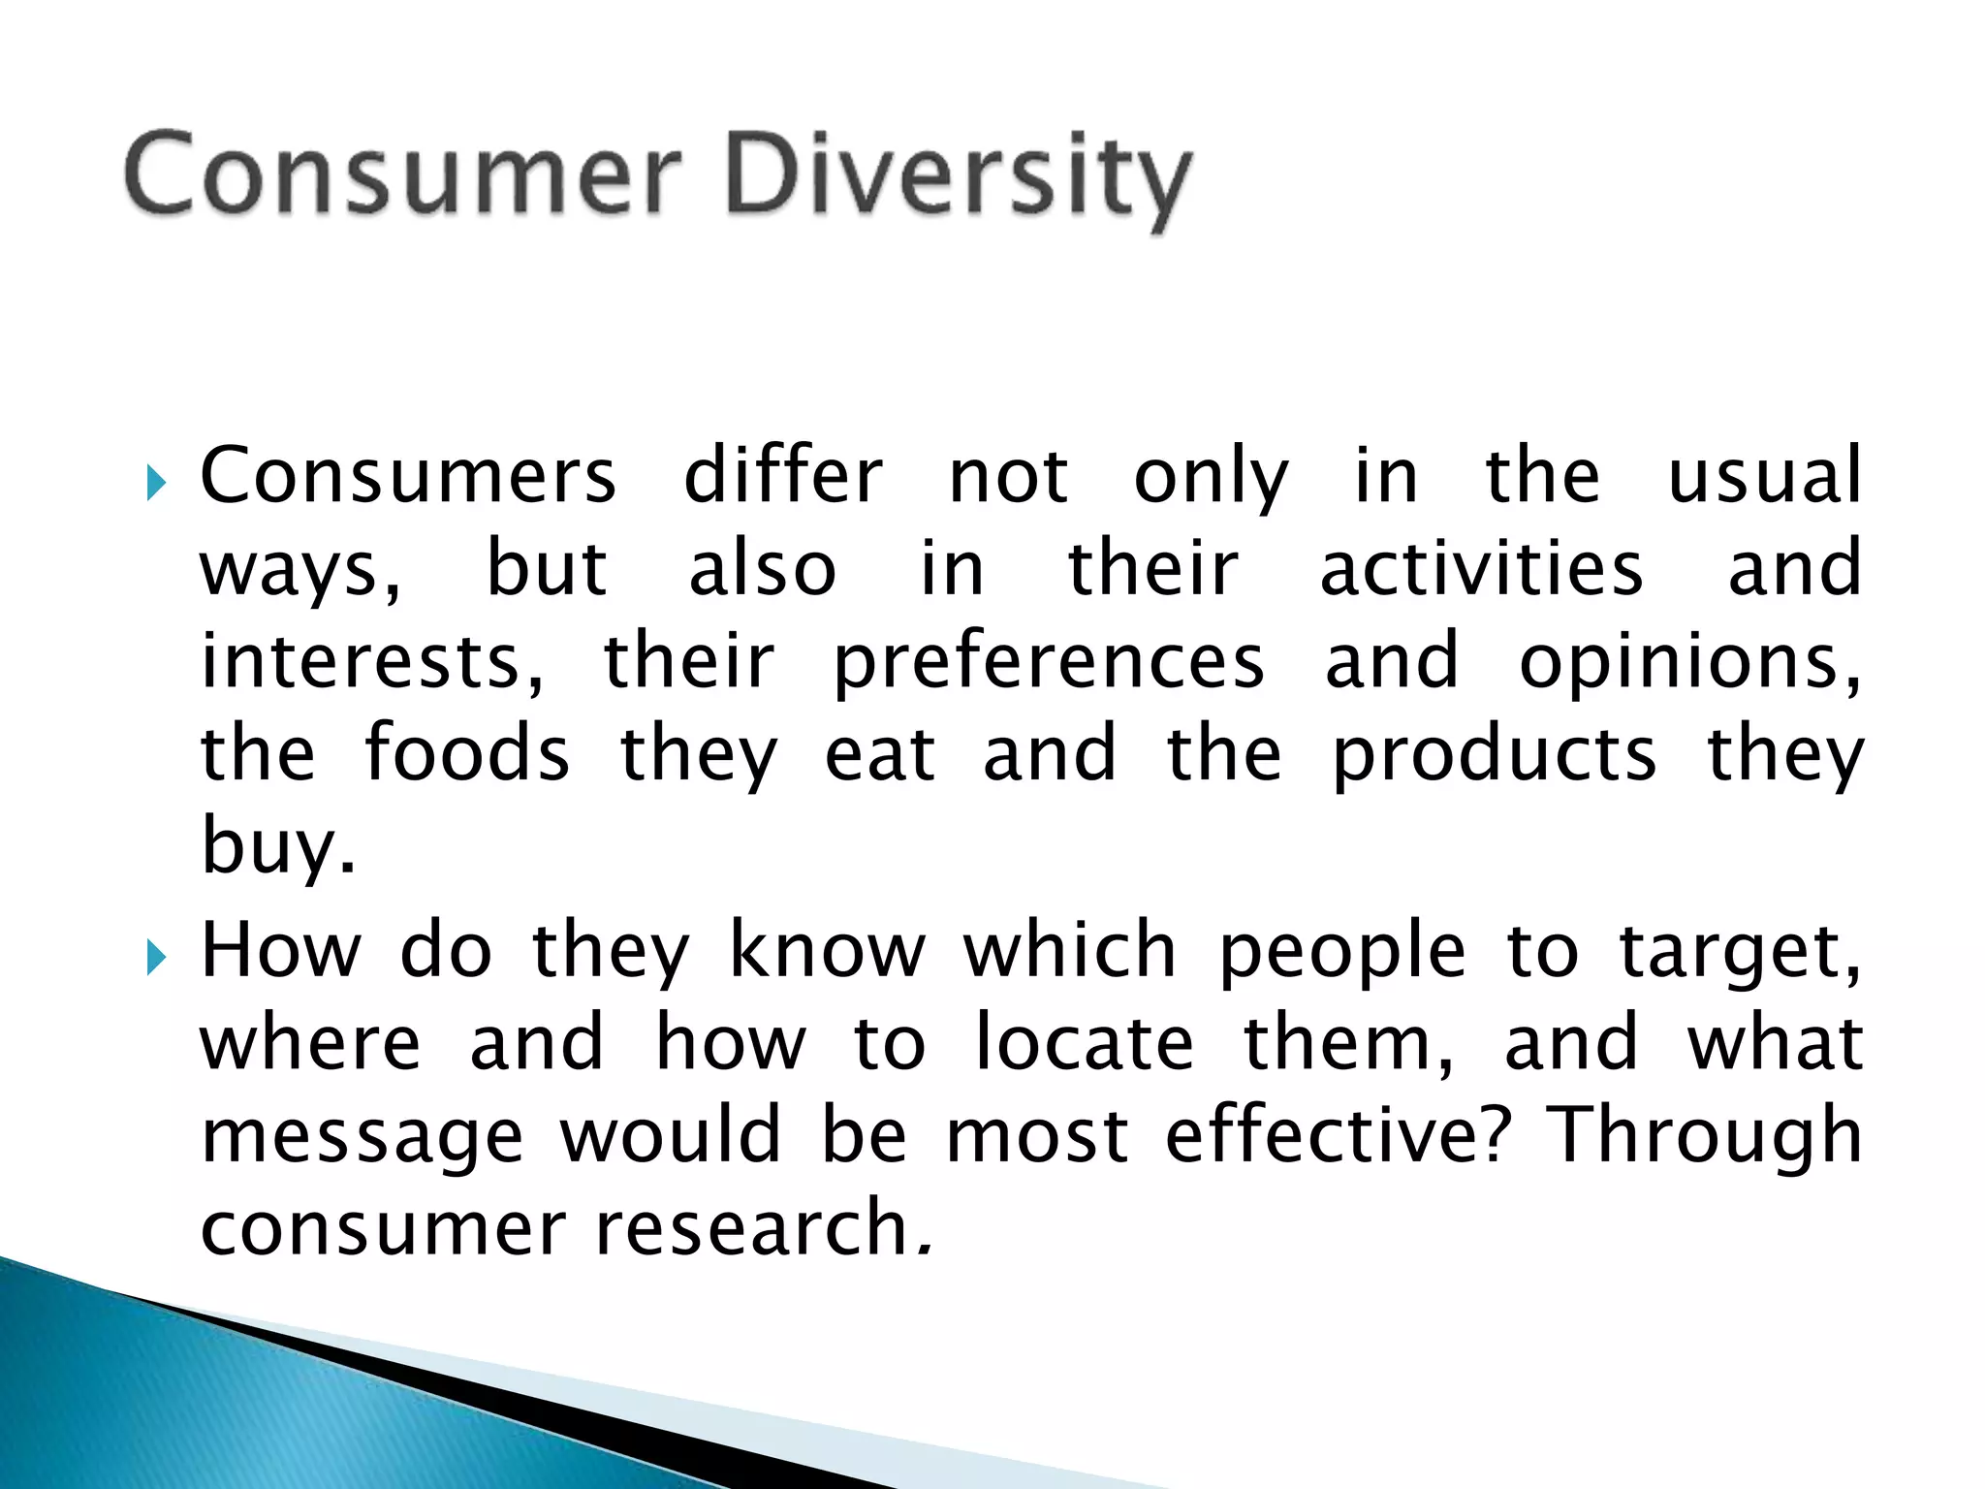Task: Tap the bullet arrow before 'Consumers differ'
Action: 156,481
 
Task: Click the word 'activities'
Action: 1481,568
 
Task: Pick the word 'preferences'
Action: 1049,663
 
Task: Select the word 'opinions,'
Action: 1690,663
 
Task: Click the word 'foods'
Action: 467,753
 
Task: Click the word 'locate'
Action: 1084,1043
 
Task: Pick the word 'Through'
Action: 1703,1136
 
